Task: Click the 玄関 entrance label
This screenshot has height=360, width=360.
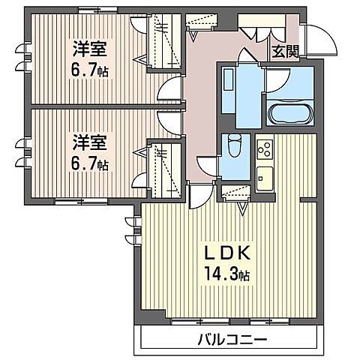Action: (284, 51)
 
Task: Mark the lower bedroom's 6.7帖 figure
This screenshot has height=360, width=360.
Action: (88, 162)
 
